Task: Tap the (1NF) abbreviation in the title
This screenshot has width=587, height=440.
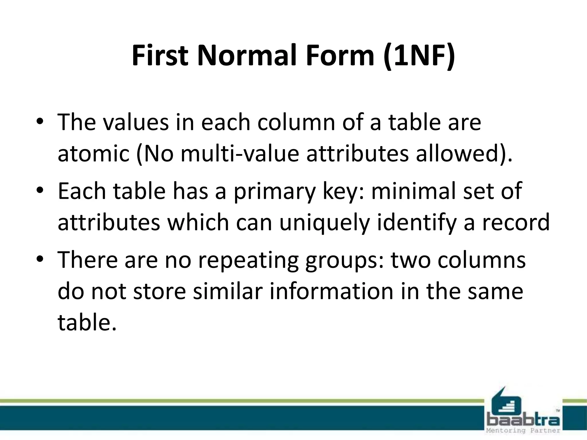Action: click(419, 56)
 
